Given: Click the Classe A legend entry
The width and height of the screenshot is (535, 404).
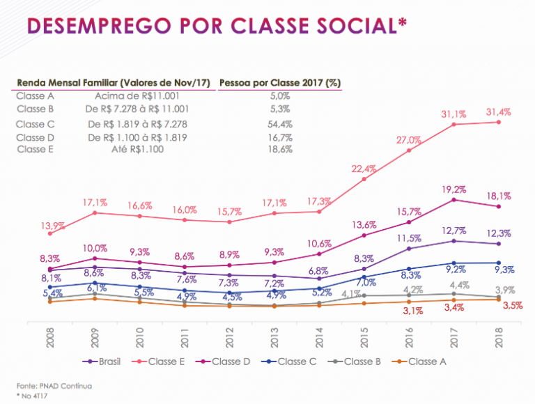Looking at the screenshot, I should (x=422, y=362).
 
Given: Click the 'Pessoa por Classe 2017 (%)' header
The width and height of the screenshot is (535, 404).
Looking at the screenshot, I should (x=279, y=81).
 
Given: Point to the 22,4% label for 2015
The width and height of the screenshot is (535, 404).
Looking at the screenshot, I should (x=364, y=169).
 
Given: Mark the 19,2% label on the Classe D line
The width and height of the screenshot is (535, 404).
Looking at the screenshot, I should (x=453, y=189).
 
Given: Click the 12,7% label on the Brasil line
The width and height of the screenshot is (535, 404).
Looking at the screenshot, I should (x=453, y=231).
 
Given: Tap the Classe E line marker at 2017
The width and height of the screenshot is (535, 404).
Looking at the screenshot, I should (x=453, y=124).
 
